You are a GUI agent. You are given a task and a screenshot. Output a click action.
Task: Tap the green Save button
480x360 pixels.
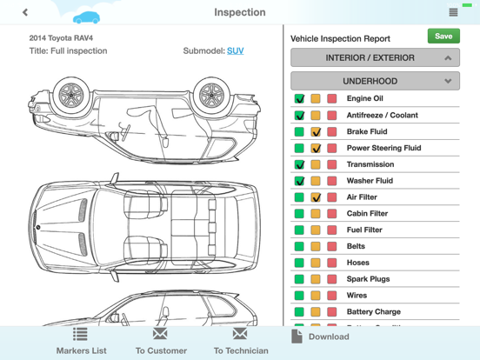point(443,37)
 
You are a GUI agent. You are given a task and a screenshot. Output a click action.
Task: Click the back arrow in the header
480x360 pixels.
point(25,12)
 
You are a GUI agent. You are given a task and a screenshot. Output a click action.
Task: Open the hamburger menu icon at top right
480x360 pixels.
point(453,12)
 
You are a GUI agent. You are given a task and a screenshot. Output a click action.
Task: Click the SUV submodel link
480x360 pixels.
point(235,50)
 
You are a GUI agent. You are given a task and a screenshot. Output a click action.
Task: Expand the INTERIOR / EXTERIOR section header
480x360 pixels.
point(375,58)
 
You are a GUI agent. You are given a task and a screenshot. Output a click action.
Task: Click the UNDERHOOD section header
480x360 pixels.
point(375,81)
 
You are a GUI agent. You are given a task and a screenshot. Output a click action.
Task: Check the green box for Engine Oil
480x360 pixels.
point(299,98)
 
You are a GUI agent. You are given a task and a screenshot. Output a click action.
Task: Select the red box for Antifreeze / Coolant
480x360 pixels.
point(332,115)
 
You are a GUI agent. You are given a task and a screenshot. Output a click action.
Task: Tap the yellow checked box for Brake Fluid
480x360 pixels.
point(316,131)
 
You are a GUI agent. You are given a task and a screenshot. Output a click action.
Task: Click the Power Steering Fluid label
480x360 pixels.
point(383,148)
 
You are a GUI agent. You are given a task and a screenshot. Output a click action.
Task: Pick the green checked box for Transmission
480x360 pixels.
point(299,164)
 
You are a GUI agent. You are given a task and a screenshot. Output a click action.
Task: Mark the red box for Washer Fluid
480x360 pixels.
point(332,181)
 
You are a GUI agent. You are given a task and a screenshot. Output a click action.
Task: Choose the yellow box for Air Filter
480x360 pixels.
point(316,197)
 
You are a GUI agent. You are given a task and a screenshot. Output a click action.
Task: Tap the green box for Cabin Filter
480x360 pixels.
point(299,214)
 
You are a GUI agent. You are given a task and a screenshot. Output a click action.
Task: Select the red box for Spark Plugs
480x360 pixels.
point(332,279)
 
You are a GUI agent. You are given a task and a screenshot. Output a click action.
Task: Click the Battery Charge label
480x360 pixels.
point(373,312)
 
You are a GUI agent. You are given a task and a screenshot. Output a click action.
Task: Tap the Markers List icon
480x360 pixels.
point(80,334)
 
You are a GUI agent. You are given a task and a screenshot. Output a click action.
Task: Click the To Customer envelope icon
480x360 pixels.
point(160,334)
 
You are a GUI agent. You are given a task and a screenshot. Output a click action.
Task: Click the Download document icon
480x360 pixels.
point(297,337)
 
